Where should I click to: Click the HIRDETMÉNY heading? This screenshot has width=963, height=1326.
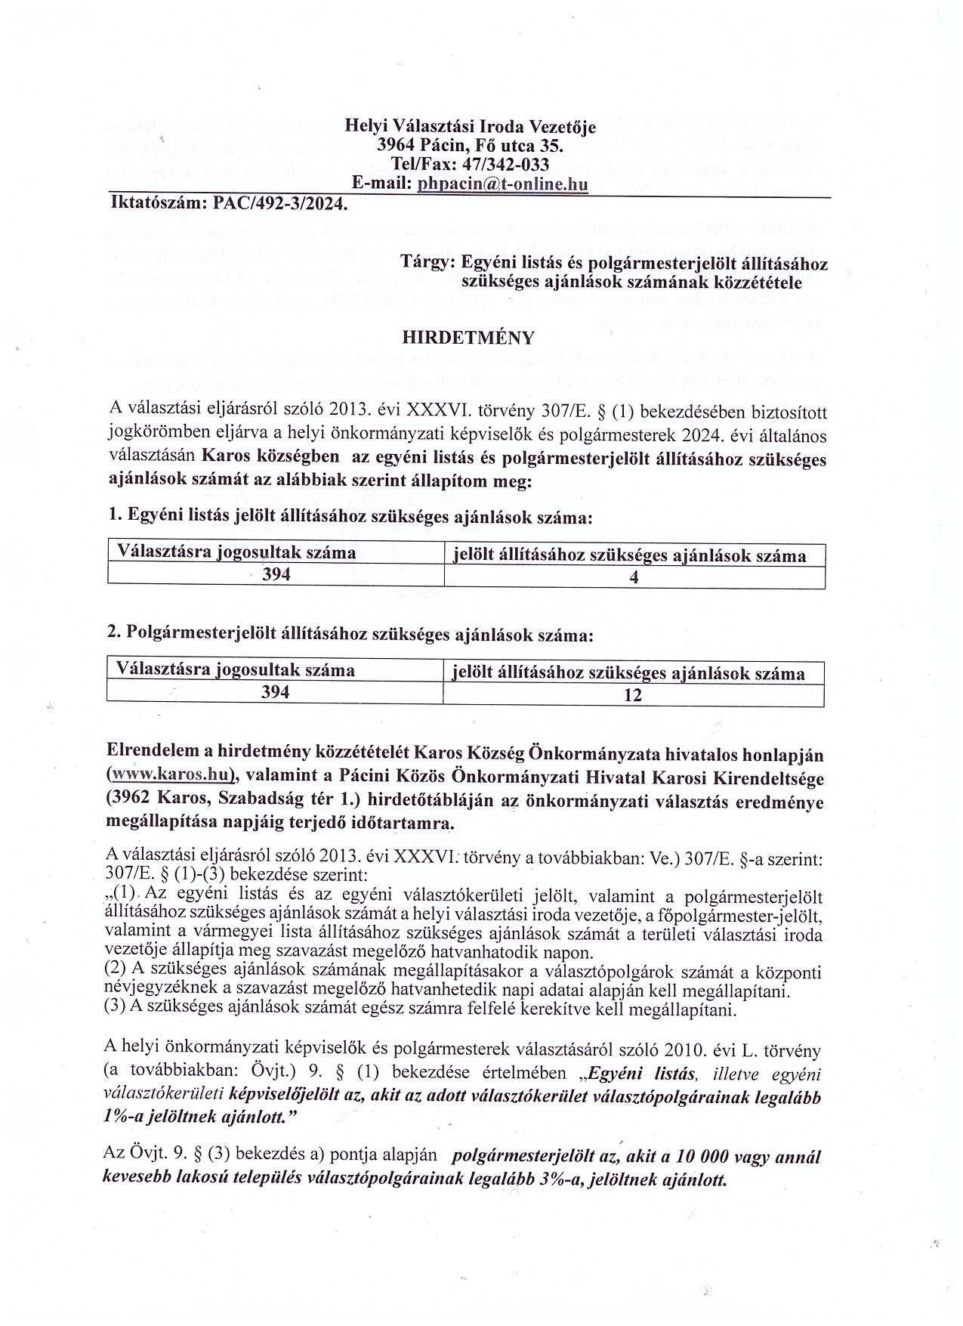pyautogui.click(x=469, y=338)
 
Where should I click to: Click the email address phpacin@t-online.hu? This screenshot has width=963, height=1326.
pyautogui.click(x=502, y=183)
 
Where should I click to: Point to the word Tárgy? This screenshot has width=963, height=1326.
pyautogui.click(x=427, y=264)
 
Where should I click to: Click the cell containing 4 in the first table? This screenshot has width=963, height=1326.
pyautogui.click(x=634, y=578)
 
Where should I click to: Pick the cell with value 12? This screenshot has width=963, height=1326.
pyautogui.click(x=633, y=695)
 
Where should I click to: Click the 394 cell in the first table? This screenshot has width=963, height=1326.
pyautogui.click(x=276, y=574)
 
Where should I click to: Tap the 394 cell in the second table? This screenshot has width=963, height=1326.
pyautogui.click(x=275, y=691)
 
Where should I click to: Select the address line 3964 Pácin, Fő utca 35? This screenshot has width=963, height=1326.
pyautogui.click(x=470, y=145)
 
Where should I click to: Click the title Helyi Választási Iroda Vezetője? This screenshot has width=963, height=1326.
pyautogui.click(x=470, y=126)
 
